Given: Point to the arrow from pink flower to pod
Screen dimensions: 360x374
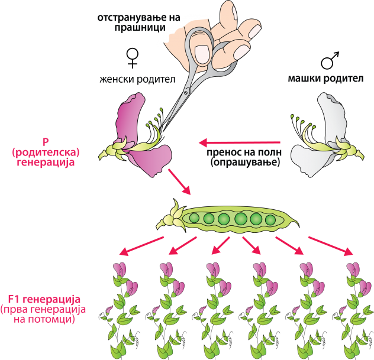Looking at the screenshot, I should pyautogui.click(x=179, y=181).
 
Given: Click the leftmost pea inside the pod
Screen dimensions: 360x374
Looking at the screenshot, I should pyautogui.click(x=194, y=219).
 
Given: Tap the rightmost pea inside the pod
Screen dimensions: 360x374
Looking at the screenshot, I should pyautogui.click(x=270, y=220).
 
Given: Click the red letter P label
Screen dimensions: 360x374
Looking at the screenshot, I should pyautogui.click(x=46, y=142).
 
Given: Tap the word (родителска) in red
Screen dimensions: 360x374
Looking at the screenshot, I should pyautogui.click(x=46, y=152).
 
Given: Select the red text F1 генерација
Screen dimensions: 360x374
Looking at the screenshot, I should pyautogui.click(x=44, y=299).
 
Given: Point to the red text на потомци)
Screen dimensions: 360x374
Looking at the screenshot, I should pyautogui.click(x=45, y=320).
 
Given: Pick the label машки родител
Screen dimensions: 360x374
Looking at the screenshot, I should pyautogui.click(x=325, y=79).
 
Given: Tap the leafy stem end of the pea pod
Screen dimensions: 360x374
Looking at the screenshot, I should pyautogui.click(x=169, y=218).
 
